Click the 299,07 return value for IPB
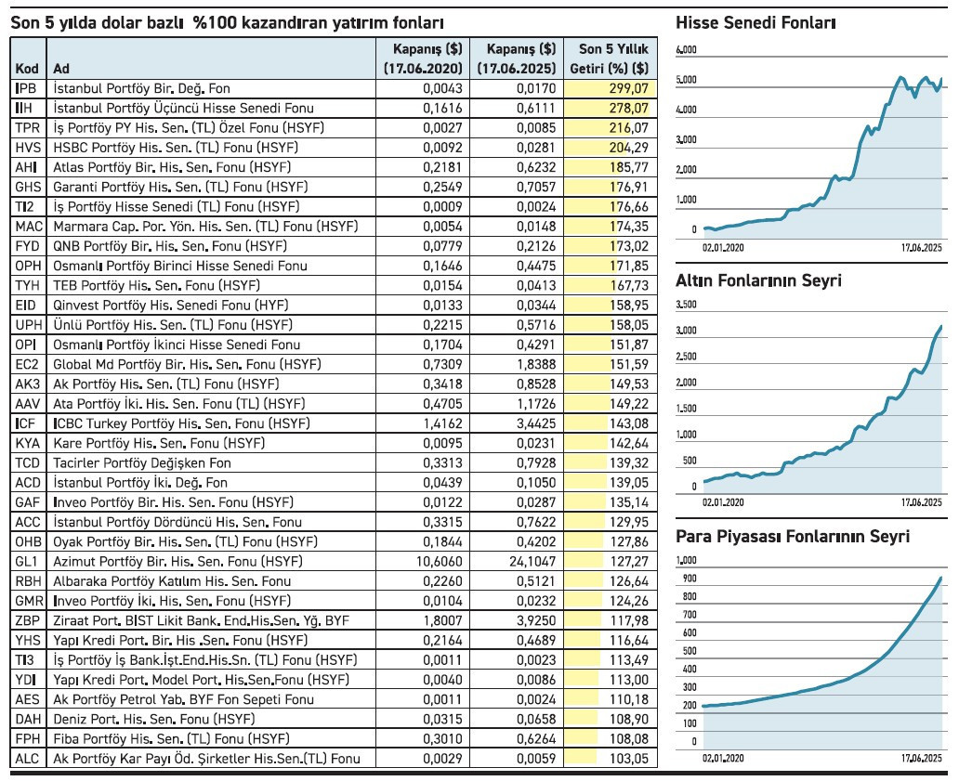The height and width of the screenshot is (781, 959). click(628, 88)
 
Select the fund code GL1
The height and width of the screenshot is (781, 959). click(27, 562)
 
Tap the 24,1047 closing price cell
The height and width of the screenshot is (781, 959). click(532, 562)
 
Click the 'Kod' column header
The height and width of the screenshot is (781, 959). click(27, 69)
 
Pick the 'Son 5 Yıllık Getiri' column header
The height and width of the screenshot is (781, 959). click(610, 59)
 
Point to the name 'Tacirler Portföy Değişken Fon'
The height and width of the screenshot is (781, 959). click(142, 463)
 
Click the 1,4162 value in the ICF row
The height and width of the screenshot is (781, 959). click(443, 423)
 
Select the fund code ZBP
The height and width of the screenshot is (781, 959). click(28, 621)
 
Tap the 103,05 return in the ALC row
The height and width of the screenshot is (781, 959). click(629, 759)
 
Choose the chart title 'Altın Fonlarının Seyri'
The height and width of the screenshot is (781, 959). click(758, 280)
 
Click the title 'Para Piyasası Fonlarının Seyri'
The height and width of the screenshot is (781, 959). click(793, 537)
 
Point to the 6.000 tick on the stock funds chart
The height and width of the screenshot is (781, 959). click(686, 50)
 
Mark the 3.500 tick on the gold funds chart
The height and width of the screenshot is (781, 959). click(686, 305)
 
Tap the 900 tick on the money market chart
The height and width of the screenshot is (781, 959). click(690, 579)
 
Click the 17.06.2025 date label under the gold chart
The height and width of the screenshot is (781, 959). click(922, 502)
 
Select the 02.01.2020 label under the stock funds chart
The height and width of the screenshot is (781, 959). click(723, 248)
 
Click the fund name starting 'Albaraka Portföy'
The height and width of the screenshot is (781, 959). click(172, 581)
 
